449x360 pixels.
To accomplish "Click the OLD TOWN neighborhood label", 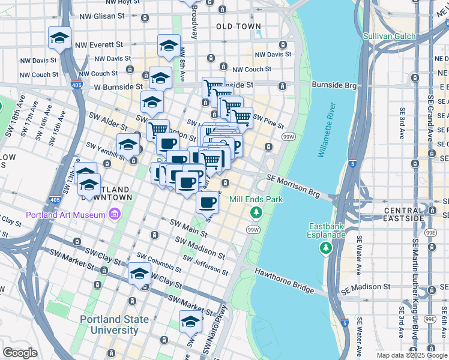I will click(238, 26).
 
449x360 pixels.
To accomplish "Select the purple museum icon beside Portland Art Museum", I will click(113, 214).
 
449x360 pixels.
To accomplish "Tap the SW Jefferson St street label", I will click(205, 265).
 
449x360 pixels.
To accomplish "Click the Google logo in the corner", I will click(19, 353).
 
